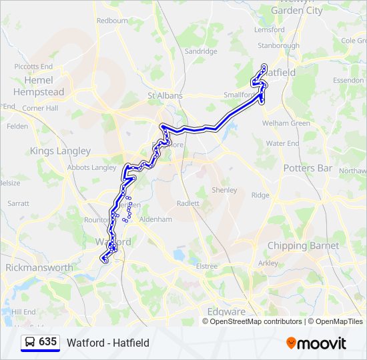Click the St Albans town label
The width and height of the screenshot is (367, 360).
click(165, 96)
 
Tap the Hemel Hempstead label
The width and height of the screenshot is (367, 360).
click(39, 86)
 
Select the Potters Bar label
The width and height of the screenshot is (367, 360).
click(308, 168)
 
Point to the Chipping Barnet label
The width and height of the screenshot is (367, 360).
click(303, 246)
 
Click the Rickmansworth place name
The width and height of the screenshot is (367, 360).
click(39, 267)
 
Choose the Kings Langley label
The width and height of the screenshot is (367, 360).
click(60, 151)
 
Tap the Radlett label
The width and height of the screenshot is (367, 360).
click(190, 203)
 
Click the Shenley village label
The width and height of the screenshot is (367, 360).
click(224, 190)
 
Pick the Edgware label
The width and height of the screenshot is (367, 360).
click(227, 312)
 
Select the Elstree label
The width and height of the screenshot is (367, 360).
click(207, 267)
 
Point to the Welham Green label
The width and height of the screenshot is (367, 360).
click(286, 123)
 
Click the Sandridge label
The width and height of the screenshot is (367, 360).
click(201, 51)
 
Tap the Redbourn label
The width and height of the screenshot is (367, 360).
click(112, 21)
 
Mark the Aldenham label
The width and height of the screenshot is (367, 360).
click(156, 219)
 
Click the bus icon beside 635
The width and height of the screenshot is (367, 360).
click(30, 343)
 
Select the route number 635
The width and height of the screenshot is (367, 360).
click(48, 342)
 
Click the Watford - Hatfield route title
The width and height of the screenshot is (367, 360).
click(108, 343)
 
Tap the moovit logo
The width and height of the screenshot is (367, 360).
click(316, 343)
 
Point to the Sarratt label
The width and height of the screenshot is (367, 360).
click(18, 202)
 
